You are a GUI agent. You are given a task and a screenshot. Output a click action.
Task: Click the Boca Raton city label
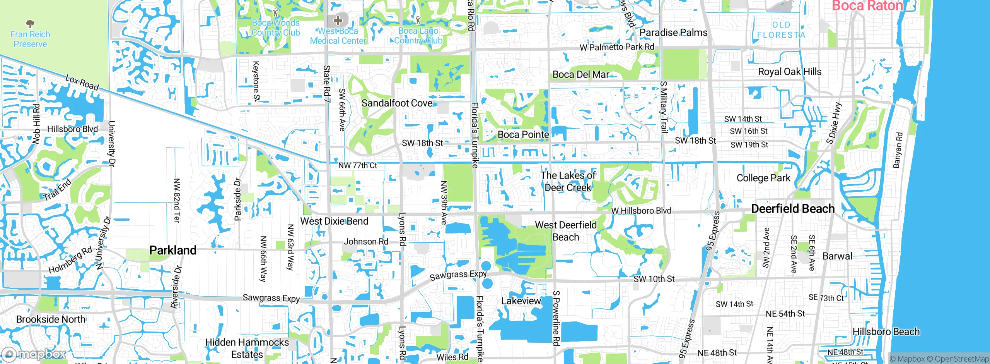click(x=867, y=6)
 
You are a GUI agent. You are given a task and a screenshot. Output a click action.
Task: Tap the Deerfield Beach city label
click(x=792, y=209)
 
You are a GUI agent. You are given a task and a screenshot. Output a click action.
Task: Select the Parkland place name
click(x=173, y=251)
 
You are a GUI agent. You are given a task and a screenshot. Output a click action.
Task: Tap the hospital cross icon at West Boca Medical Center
click(x=338, y=20)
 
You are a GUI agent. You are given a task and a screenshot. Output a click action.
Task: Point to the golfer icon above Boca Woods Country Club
click(x=275, y=12)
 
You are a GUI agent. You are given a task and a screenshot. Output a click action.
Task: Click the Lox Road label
click(x=82, y=82)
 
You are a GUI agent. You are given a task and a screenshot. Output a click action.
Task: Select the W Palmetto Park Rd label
click(x=617, y=47)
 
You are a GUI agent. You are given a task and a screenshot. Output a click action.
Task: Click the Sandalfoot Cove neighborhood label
click(x=397, y=103)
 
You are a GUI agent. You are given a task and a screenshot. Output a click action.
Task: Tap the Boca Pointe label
click(x=523, y=134)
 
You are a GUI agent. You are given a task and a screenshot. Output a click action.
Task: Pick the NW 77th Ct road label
click(x=357, y=166)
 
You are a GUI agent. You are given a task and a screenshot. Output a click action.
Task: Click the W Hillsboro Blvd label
click(x=641, y=211)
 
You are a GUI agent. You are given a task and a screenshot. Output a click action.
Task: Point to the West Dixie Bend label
click(x=334, y=221)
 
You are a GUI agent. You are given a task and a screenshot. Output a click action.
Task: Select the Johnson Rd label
click(x=366, y=242)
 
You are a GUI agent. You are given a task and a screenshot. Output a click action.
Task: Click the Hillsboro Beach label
click(x=886, y=332)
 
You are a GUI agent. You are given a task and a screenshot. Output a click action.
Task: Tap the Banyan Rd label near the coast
click(x=898, y=150)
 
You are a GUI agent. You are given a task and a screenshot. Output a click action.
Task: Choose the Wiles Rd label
click(x=452, y=357)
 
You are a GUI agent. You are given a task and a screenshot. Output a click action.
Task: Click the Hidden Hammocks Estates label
click(x=247, y=348)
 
